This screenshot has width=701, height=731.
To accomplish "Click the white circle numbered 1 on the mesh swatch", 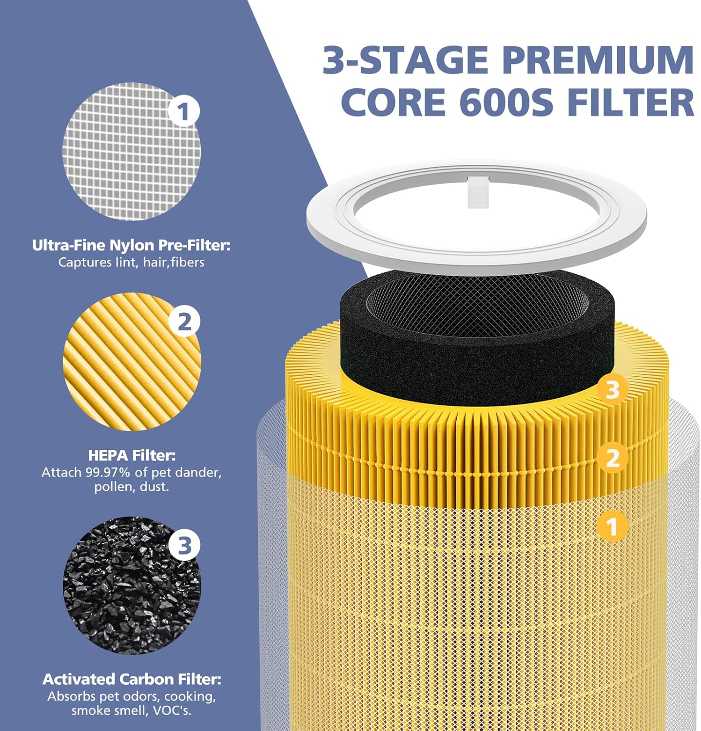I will coord(184,112).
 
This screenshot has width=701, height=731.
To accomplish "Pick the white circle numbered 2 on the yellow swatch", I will coord(184,322).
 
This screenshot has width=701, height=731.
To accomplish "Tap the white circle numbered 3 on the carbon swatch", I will coord(184,545).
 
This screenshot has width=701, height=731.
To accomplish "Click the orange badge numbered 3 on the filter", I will coord(612,390).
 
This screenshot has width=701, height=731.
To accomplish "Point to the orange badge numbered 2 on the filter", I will coord(612,458).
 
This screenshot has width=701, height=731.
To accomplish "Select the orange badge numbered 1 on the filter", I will coord(612,527).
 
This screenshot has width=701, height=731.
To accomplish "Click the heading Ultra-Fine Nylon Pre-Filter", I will coord(131,245).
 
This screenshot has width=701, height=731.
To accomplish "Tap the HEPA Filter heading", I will coord(132,455).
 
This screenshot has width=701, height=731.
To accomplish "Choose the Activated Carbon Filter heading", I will coord(132,679).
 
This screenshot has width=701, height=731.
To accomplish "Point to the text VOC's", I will coord(172,711).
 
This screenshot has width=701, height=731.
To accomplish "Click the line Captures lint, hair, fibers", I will coord(131,262).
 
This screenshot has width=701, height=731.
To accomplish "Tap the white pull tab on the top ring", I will coord(477,192).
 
